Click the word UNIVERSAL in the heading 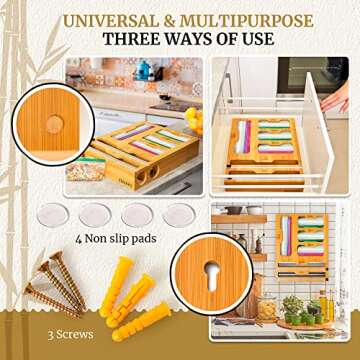click(x=113, y=21)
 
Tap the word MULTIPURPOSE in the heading click(x=247, y=21)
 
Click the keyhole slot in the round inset click(x=212, y=275)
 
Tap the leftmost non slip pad click(x=53, y=215)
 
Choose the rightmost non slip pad click(x=179, y=215)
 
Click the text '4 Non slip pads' click(x=116, y=239)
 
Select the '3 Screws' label click(x=70, y=335)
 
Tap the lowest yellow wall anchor click(x=141, y=322)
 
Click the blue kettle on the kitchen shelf click(x=144, y=70)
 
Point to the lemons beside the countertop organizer click(x=194, y=119)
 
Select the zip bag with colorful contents click(x=86, y=168)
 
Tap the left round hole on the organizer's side click(x=141, y=177)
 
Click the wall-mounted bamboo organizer click(x=302, y=246)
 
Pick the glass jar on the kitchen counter click(x=267, y=307)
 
